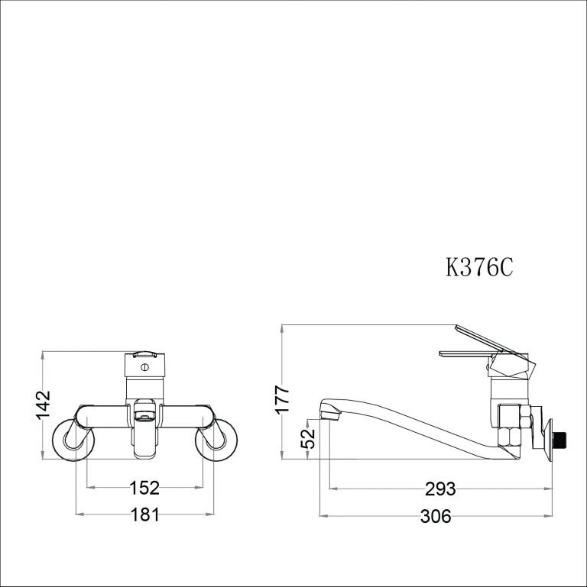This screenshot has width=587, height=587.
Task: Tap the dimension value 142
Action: pyautogui.click(x=44, y=405)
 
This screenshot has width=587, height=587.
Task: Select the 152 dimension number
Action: pyautogui.click(x=144, y=487)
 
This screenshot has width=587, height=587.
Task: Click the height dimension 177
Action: pyautogui.click(x=284, y=400)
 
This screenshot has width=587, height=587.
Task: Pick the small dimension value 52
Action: pyautogui.click(x=309, y=438)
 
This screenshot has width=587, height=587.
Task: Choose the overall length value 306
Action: pyautogui.click(x=436, y=517)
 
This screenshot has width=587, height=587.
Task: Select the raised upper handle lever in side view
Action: pyautogui.click(x=489, y=339)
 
